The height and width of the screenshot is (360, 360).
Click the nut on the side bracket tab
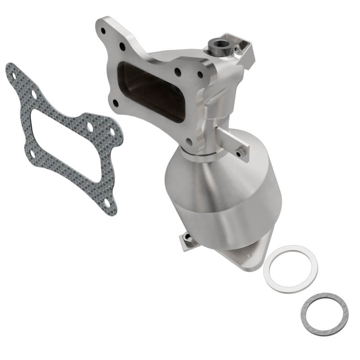[x=242, y=153]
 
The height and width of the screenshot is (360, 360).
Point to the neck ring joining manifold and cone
[x=198, y=155]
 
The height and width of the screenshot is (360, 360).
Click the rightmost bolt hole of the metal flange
[x=200, y=75]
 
